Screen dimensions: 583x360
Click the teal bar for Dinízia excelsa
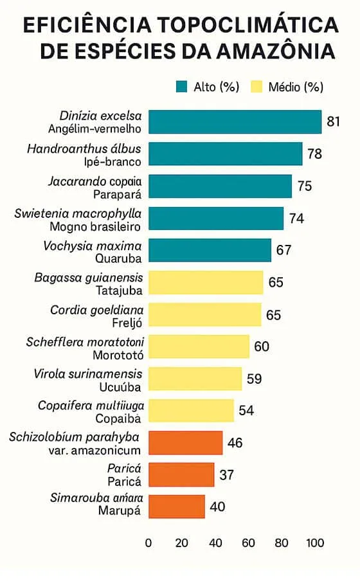(x=235, y=121)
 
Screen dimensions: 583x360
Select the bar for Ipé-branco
(x=225, y=154)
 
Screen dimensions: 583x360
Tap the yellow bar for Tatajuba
(x=206, y=282)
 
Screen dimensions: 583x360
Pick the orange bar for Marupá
(x=177, y=506)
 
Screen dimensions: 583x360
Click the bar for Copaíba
(x=191, y=410)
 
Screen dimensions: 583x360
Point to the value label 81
(x=333, y=121)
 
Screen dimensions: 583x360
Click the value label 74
(x=296, y=218)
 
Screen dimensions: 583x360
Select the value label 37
(x=226, y=475)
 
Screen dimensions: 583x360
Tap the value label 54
(x=246, y=410)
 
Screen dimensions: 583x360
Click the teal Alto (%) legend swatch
(x=181, y=87)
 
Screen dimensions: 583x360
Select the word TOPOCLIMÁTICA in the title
(x=249, y=25)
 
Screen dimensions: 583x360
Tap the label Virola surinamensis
(x=88, y=373)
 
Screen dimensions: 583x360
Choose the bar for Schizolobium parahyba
(x=185, y=443)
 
